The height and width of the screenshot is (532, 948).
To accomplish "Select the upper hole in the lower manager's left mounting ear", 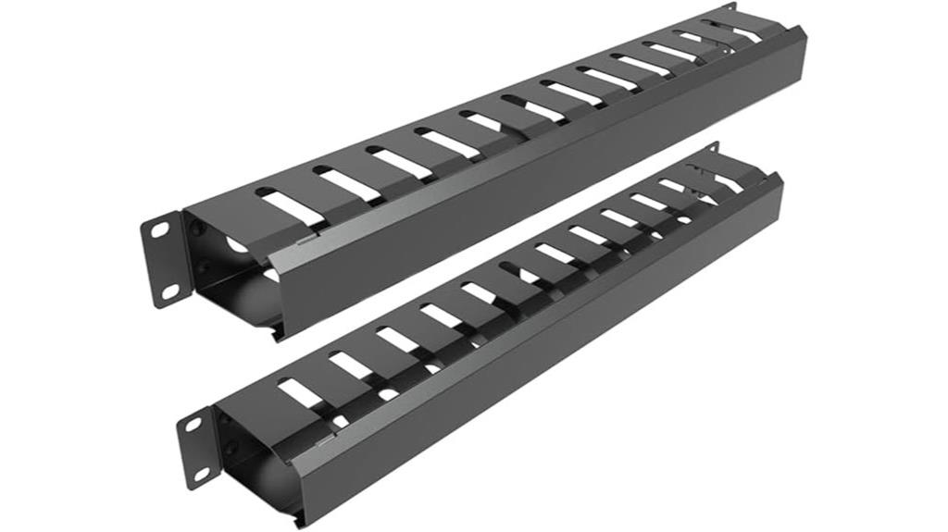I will coord(195,424).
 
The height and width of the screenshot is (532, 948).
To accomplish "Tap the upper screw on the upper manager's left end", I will coord(195,225).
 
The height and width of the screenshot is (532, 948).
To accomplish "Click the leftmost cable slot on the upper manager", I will coord(279,204).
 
